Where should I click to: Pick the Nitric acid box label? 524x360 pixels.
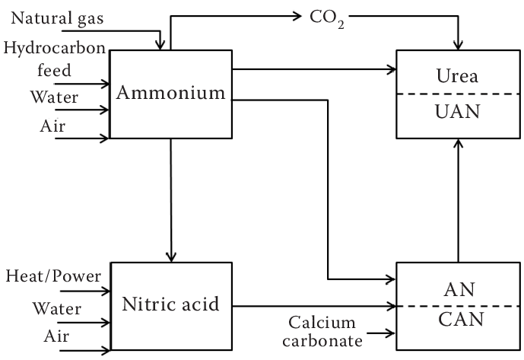(171, 305)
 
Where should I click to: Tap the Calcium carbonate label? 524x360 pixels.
(324, 332)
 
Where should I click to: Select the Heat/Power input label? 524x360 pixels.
(52, 276)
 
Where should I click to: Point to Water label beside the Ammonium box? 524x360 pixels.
(52, 98)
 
